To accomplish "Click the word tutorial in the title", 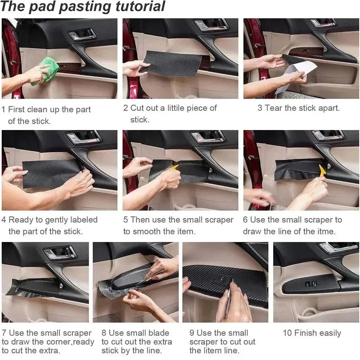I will pyautogui.click(x=135, y=7).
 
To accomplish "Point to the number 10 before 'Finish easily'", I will pyautogui.click(x=287, y=333).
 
